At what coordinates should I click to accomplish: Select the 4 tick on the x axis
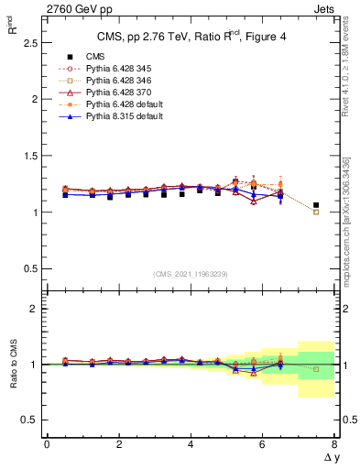point(191,444)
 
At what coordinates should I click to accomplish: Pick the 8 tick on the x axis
point(334,444)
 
